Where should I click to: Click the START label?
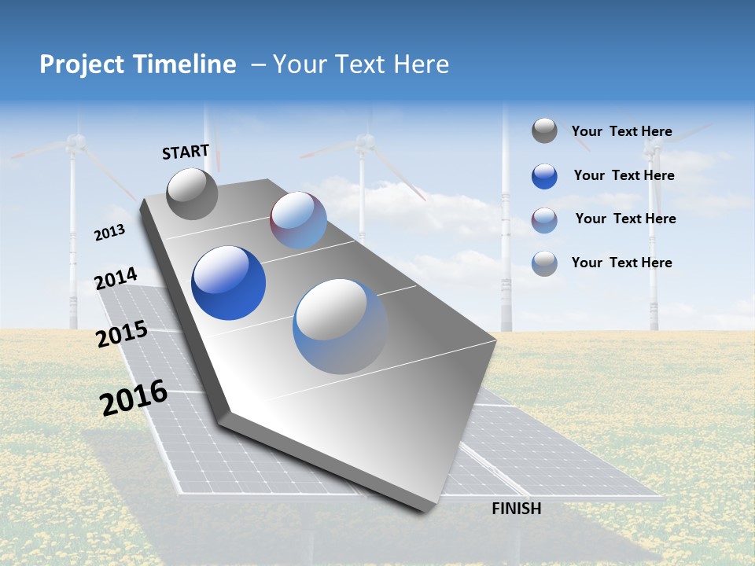tap(186, 152)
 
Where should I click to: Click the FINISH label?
tap(516, 509)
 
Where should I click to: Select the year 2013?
tap(109, 233)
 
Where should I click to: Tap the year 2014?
tap(116, 279)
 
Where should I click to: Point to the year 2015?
tap(121, 334)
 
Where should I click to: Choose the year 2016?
tap(134, 398)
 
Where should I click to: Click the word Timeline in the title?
tap(186, 64)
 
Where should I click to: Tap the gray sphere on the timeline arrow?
tap(193, 193)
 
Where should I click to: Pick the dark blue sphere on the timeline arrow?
tap(228, 283)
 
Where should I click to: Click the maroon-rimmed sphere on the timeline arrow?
tap(298, 220)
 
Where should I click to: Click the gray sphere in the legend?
tap(544, 131)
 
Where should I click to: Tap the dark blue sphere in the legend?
tap(544, 176)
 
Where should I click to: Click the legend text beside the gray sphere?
tap(621, 131)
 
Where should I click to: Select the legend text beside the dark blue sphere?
tap(624, 175)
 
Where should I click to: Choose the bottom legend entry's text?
tap(621, 263)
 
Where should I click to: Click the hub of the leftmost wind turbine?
tap(75, 142)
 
